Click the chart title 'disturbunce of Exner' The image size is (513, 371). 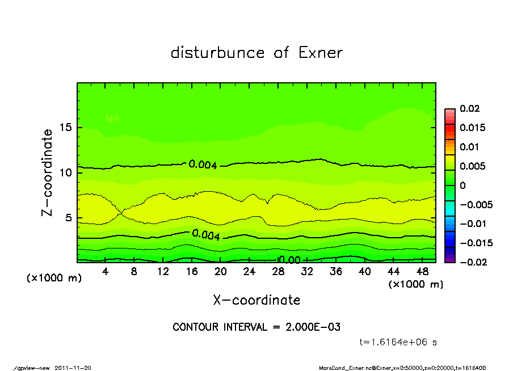(x=256, y=53)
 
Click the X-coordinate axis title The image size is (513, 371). (x=256, y=300)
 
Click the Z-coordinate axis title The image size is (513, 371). (x=48, y=172)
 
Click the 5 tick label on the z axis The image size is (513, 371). (x=68, y=218)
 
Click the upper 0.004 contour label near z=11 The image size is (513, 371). (x=202, y=165)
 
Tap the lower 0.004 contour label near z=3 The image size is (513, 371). (x=206, y=235)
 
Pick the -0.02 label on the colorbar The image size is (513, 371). (x=472, y=262)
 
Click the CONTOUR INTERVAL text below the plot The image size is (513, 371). (x=256, y=327)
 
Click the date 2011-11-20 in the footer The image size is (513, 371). (x=73, y=368)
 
